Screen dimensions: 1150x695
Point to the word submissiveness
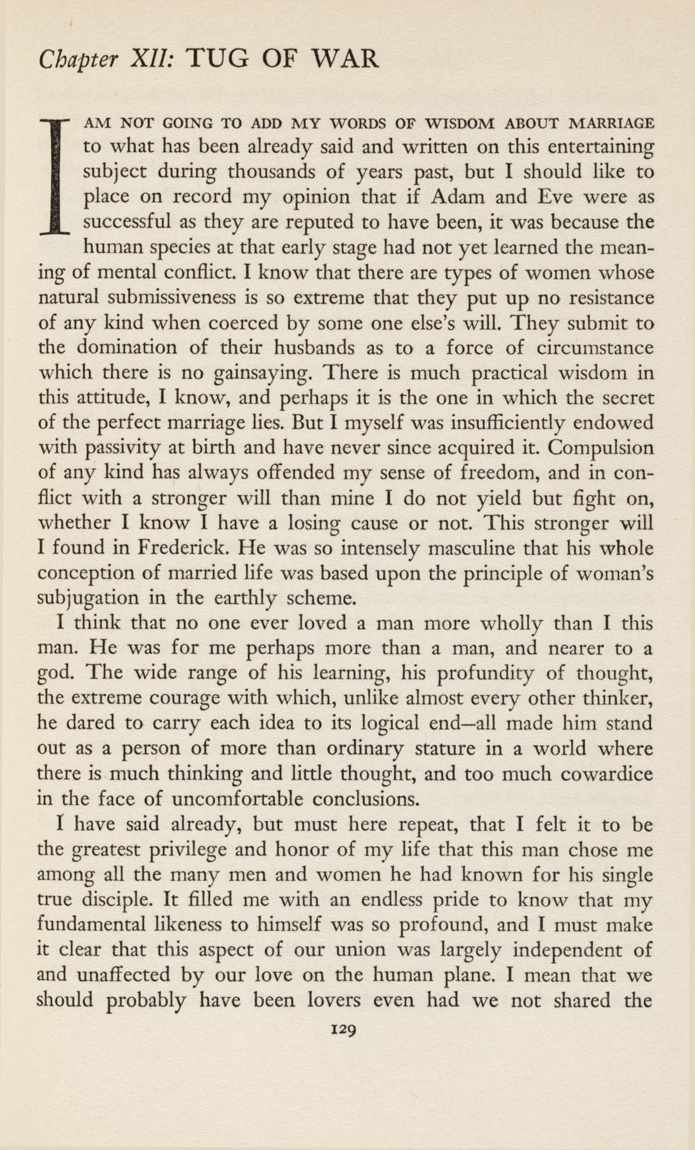(x=172, y=298)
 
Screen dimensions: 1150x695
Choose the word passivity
(x=122, y=448)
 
